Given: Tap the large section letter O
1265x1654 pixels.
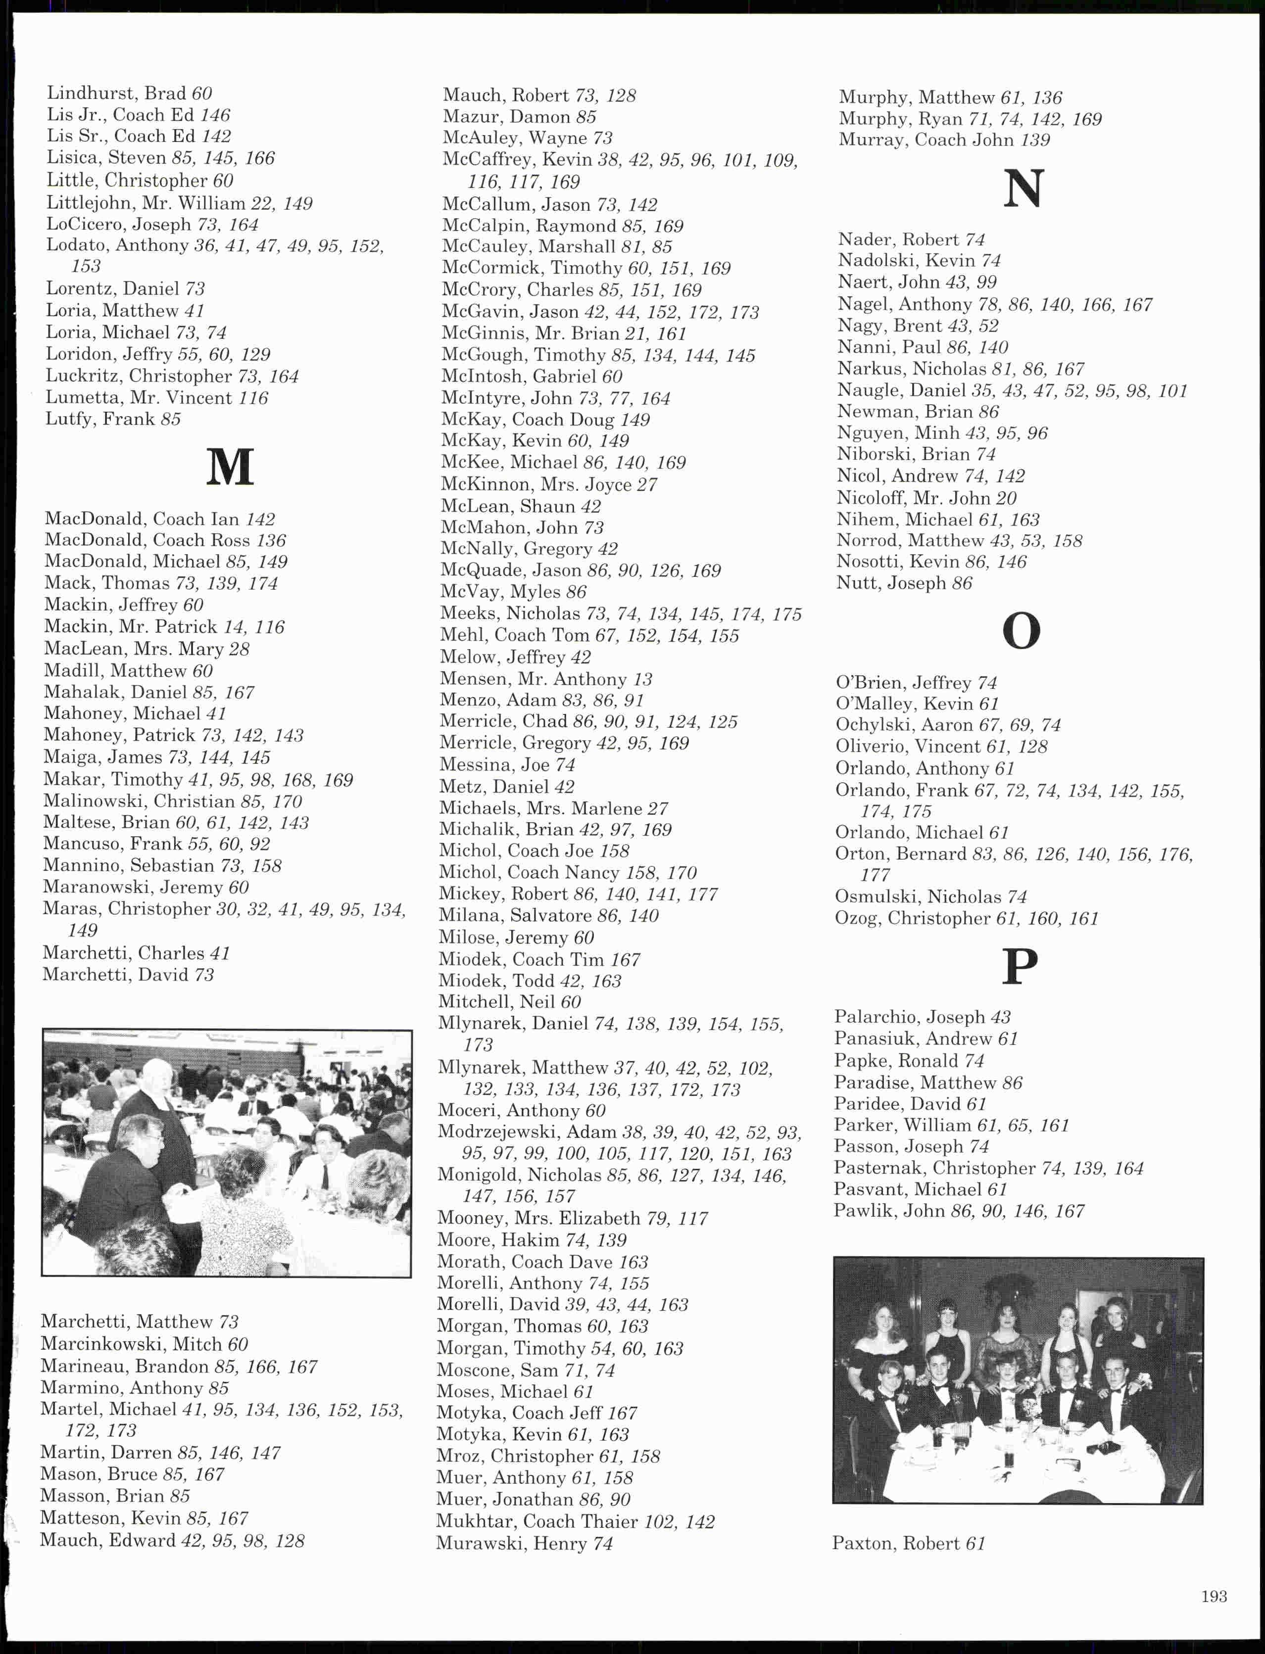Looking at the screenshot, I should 1021,631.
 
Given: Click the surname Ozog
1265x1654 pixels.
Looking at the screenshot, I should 855,918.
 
